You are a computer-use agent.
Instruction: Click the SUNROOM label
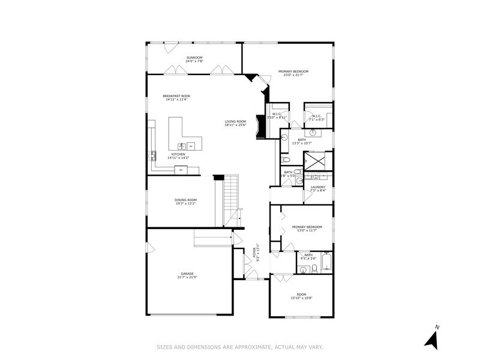[194, 57]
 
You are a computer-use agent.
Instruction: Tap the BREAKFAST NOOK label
[176, 96]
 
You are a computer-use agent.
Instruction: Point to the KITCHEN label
[178, 154]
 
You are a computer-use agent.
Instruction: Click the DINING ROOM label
[185, 200]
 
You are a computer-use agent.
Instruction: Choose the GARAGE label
[187, 274]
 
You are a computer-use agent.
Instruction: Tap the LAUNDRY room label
[318, 187]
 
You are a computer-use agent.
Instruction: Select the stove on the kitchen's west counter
[152, 156]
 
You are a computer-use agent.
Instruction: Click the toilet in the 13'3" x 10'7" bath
[286, 161]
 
